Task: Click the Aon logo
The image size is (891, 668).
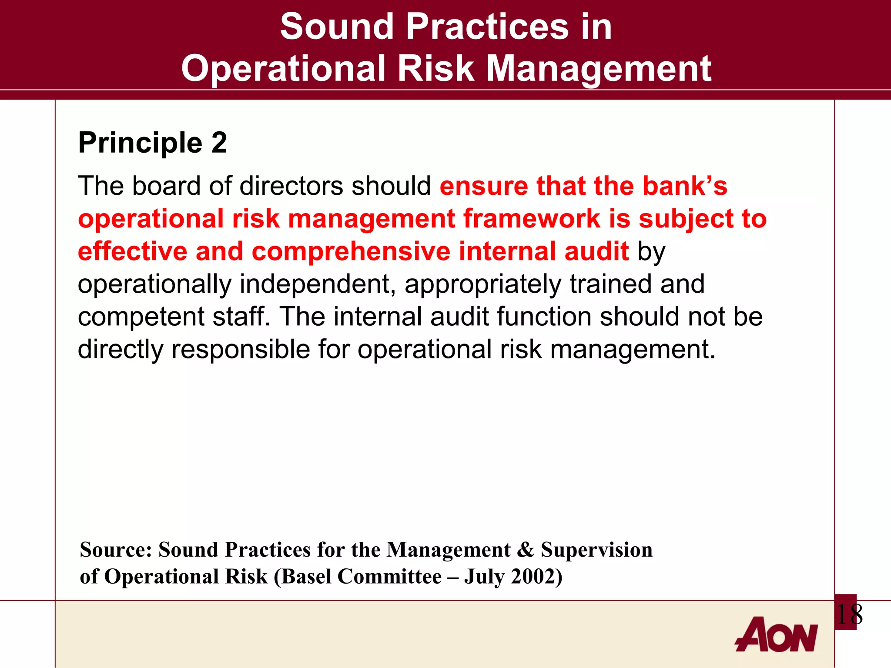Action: [776, 635]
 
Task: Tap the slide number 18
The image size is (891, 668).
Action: [849, 615]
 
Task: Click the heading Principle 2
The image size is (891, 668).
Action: [152, 143]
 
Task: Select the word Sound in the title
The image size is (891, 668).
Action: [336, 27]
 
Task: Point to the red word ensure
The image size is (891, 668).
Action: [483, 186]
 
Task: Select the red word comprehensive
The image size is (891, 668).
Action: [351, 251]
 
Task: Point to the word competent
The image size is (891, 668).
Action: [141, 317]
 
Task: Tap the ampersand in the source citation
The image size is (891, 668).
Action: [526, 550]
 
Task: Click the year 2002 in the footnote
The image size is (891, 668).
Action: [533, 577]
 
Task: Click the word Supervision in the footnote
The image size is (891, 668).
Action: [596, 550]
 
